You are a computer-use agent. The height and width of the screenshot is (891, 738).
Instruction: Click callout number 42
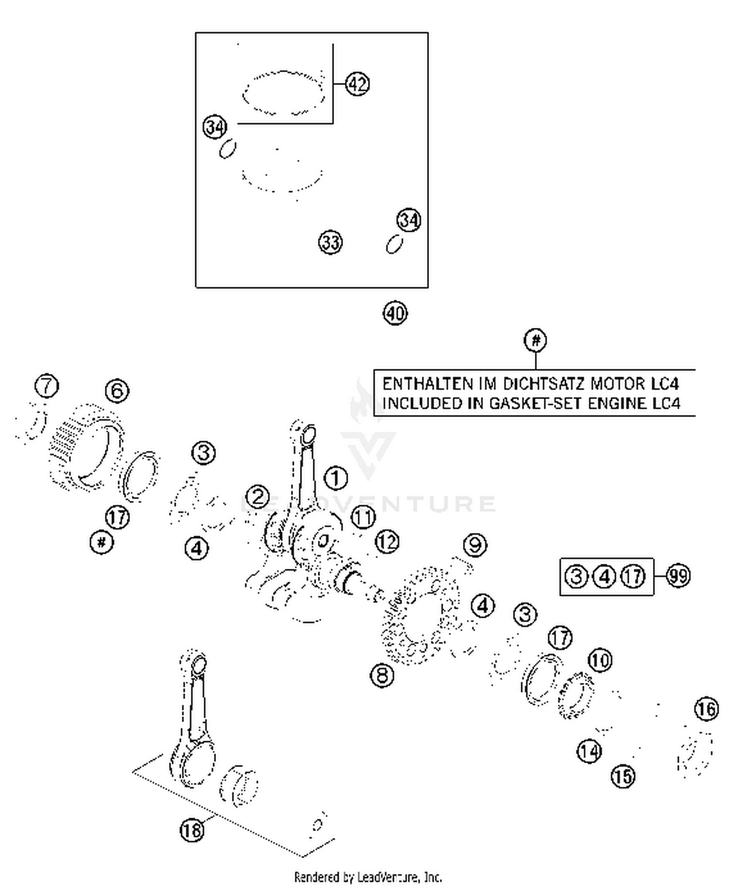[357, 84]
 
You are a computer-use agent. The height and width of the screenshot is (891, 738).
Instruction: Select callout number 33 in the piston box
[330, 242]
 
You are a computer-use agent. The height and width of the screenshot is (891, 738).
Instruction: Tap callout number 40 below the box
[395, 313]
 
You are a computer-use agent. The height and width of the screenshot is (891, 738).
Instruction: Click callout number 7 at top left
[47, 386]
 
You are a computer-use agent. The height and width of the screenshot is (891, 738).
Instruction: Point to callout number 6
[117, 391]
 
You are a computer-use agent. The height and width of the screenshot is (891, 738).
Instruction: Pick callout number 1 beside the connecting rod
[336, 478]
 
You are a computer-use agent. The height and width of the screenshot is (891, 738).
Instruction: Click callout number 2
[258, 497]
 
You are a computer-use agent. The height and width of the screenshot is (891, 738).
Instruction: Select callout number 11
[363, 517]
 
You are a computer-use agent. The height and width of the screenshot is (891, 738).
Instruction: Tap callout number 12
[387, 542]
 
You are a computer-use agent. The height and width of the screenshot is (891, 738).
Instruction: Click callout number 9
[475, 545]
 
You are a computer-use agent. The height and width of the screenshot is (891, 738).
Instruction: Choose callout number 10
[600, 660]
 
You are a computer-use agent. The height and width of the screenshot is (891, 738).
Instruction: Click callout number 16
[707, 709]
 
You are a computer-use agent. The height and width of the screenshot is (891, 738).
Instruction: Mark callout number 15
[623, 776]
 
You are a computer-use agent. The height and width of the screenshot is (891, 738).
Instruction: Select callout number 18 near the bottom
[192, 830]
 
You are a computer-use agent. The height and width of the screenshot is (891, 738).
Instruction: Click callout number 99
[678, 575]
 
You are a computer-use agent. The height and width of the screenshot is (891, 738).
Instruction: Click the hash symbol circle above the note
[535, 340]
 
